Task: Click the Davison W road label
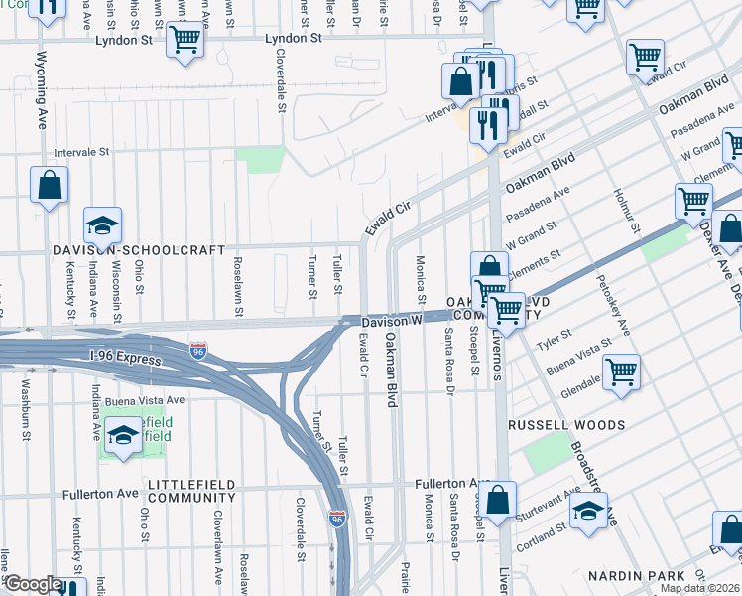392,321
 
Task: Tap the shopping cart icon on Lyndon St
185,41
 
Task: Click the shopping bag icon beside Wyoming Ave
49,185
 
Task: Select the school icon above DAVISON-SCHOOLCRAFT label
102,225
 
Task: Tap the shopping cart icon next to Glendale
621,372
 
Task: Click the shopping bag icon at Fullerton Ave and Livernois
501,499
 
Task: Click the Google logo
32,585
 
